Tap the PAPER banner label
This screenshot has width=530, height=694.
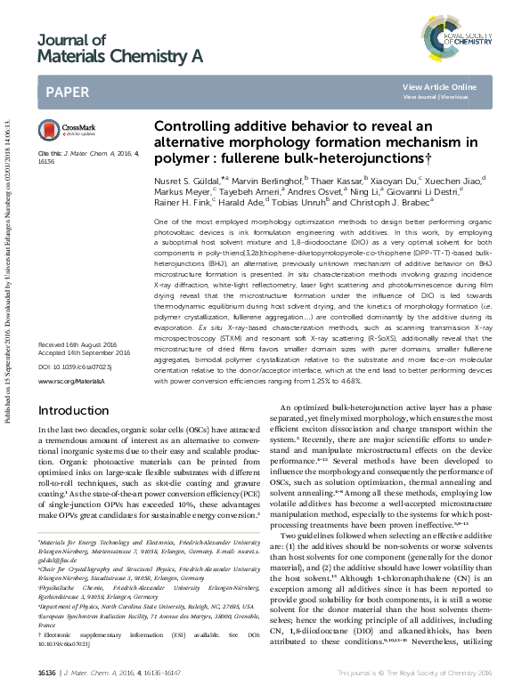[x=65, y=91]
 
